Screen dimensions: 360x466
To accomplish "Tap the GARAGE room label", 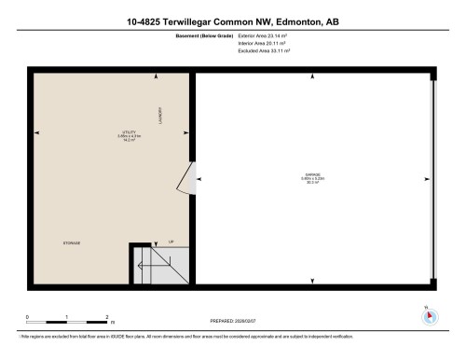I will pyautogui.click(x=312, y=174).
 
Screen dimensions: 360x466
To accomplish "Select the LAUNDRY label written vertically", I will pyautogui.click(x=160, y=113).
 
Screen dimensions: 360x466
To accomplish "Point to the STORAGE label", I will pyautogui.click(x=72, y=242).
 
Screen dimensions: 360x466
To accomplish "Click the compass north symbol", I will pyautogui.click(x=428, y=315).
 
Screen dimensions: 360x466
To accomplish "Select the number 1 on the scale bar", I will pyautogui.click(x=68, y=317).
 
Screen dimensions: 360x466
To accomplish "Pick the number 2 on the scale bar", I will pyautogui.click(x=108, y=317).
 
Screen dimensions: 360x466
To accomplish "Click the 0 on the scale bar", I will pyautogui.click(x=27, y=317).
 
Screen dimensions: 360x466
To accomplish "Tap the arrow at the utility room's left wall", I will pyautogui.click(x=38, y=133).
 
